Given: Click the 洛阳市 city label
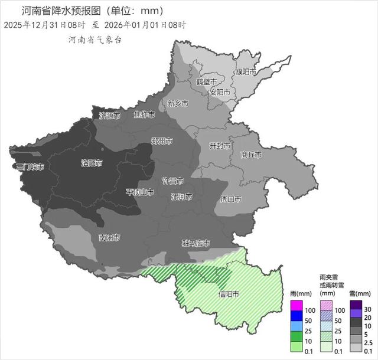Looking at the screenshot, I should (92, 162).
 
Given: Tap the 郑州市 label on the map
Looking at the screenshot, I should (161, 141).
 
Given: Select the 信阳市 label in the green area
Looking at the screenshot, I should (229, 294).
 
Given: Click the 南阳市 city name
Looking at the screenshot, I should (109, 238).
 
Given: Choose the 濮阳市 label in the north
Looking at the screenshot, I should (246, 71).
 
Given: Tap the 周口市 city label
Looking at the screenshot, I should (230, 199).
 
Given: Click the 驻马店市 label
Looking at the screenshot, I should (196, 243).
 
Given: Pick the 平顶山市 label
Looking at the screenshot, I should (140, 192).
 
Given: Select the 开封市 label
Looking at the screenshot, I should (220, 145).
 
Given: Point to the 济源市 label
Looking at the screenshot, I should (109, 116).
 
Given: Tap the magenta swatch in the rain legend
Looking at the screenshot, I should (296, 305).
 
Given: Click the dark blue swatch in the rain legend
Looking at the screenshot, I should (296, 315).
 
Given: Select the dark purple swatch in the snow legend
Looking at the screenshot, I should (356, 305).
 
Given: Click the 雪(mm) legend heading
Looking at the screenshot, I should (360, 293).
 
